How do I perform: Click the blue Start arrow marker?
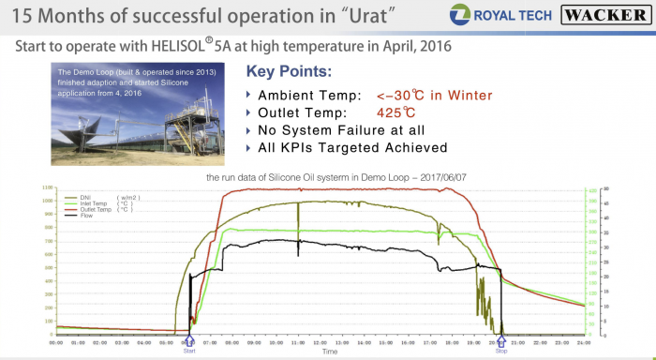pos(189,341)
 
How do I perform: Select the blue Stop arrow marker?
pos(500,341)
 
